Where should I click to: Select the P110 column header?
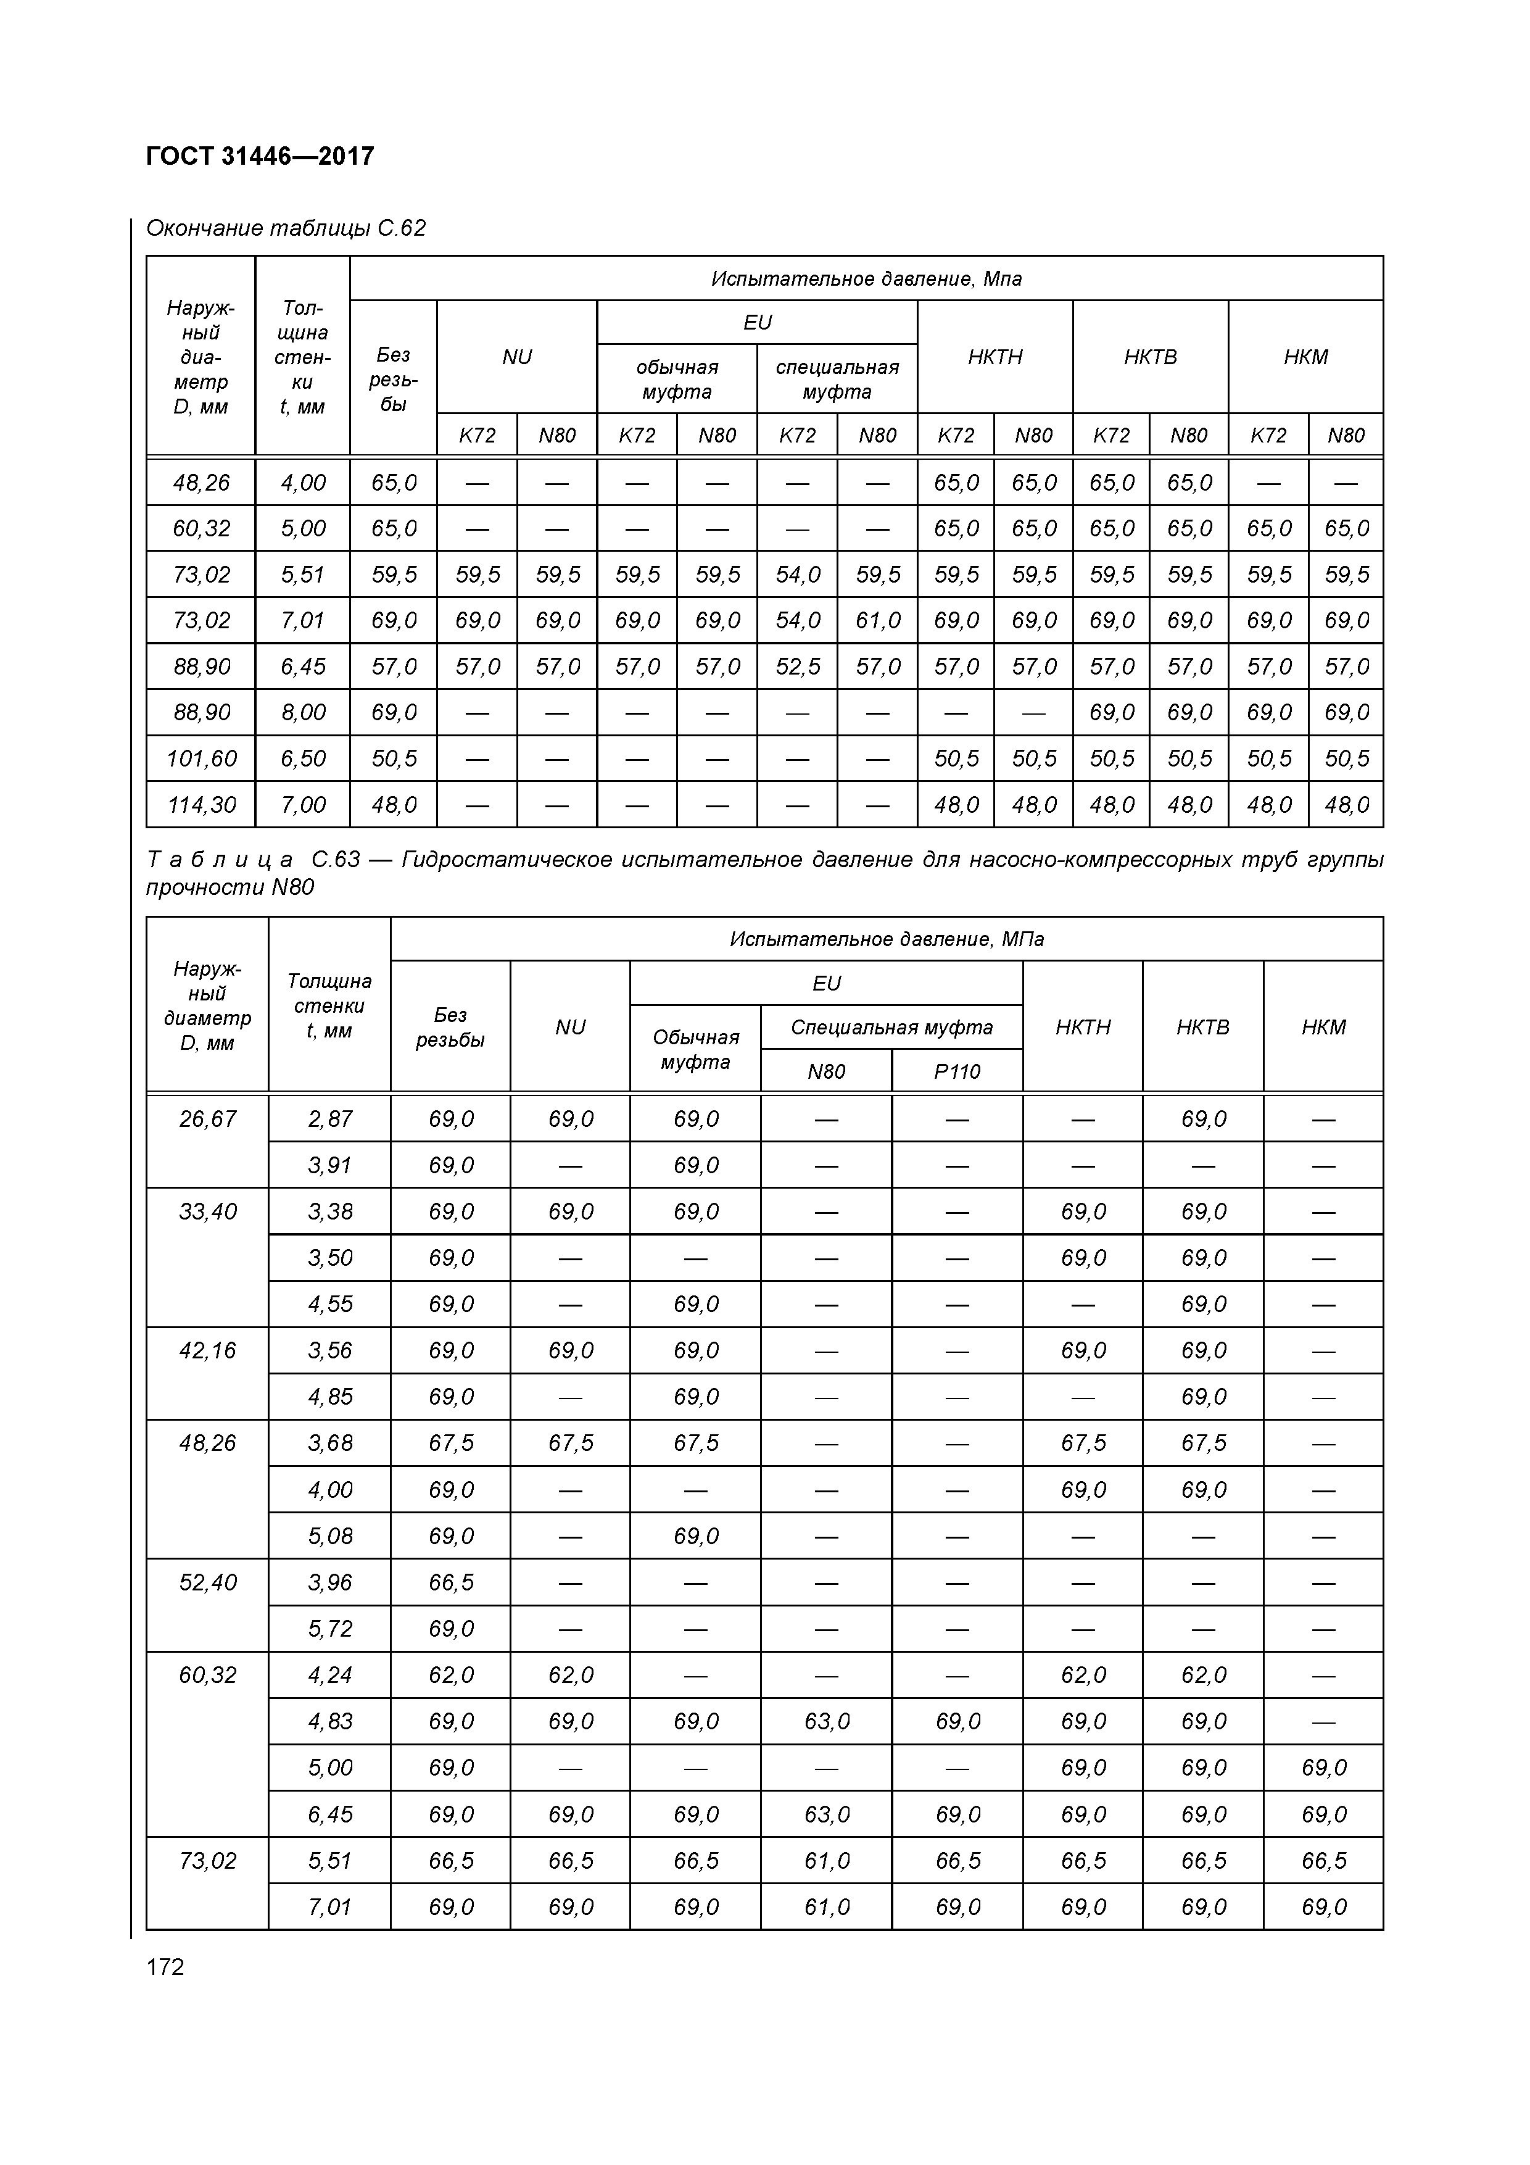click(x=957, y=1071)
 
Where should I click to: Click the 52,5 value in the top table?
click(x=798, y=667)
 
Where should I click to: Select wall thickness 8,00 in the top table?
click(x=302, y=712)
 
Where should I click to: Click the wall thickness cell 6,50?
click(x=302, y=758)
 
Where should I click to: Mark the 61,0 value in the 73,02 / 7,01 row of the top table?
click(x=878, y=620)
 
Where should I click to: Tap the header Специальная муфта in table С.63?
click(x=892, y=1027)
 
